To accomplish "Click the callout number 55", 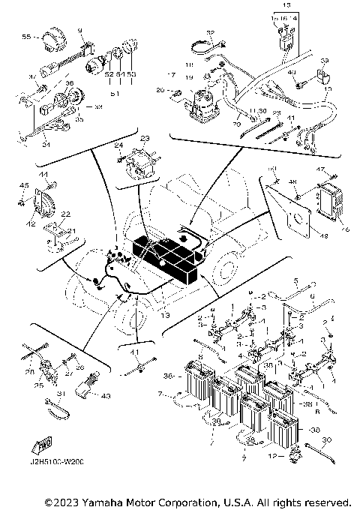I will coord(25,37).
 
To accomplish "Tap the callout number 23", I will coord(144,139).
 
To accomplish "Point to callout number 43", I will coord(105,396).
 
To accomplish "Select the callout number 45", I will coord(24,186).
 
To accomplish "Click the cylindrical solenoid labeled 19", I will coord(201,103).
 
